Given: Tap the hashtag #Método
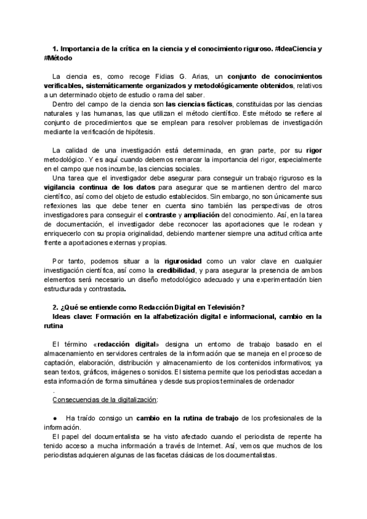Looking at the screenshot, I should [x=58, y=58].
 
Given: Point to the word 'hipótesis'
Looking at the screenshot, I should [x=138, y=132].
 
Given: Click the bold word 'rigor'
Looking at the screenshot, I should [x=313, y=150].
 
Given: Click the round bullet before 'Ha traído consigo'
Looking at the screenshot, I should [x=55, y=418].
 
